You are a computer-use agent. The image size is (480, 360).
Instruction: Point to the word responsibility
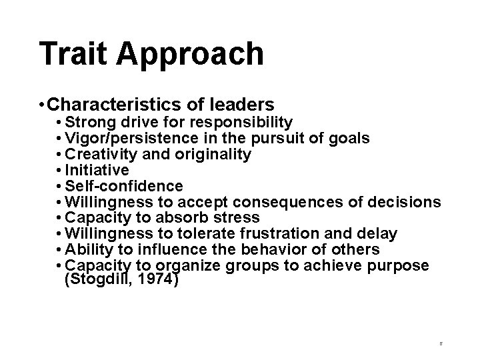point(241,123)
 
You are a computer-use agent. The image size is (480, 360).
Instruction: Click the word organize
point(193,265)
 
